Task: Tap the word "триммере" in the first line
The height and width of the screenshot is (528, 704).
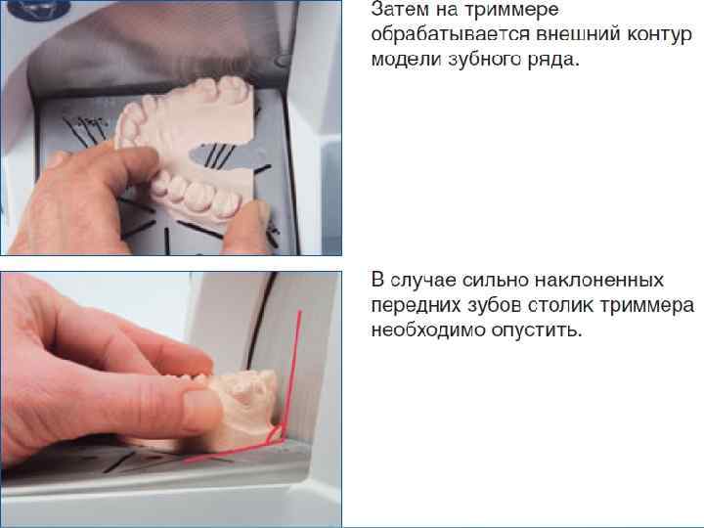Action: pos(511,10)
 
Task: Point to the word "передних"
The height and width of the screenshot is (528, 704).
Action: pos(416,305)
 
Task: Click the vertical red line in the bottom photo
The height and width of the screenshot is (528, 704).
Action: pos(291,369)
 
